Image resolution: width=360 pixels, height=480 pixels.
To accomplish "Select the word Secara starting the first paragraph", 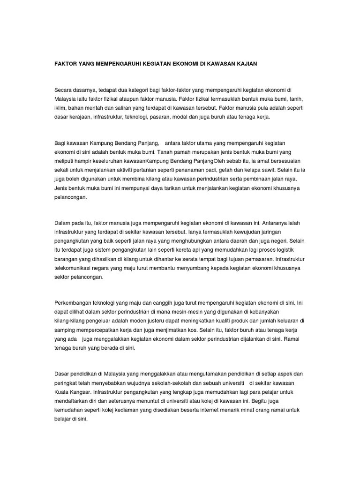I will point(64,90).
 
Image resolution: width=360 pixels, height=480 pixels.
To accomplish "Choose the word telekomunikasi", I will point(77,268).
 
